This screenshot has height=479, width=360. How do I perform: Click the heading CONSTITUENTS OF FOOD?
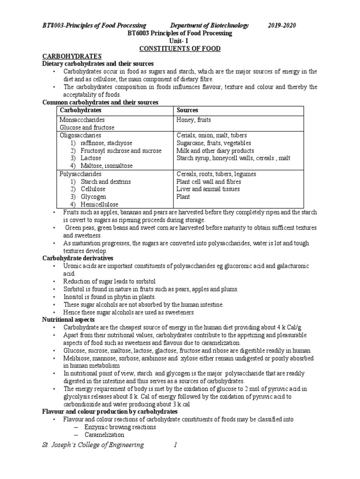click(x=180, y=49)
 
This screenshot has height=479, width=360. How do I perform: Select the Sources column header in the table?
click(x=187, y=110)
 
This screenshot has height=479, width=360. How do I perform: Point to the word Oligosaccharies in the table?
click(x=80, y=135)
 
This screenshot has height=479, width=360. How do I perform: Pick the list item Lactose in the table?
click(x=92, y=158)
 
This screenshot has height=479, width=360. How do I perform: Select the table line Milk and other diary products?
click(x=215, y=151)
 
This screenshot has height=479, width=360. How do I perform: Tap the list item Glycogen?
click(x=94, y=197)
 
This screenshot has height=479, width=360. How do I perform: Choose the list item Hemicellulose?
click(x=99, y=204)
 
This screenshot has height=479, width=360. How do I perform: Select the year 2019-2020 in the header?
click(x=282, y=25)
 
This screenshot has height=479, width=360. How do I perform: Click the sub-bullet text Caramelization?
click(x=101, y=435)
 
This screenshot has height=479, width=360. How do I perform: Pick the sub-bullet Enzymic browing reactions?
click(x=120, y=427)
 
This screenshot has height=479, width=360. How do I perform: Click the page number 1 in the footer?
click(x=175, y=445)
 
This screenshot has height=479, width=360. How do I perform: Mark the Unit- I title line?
click(x=180, y=41)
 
